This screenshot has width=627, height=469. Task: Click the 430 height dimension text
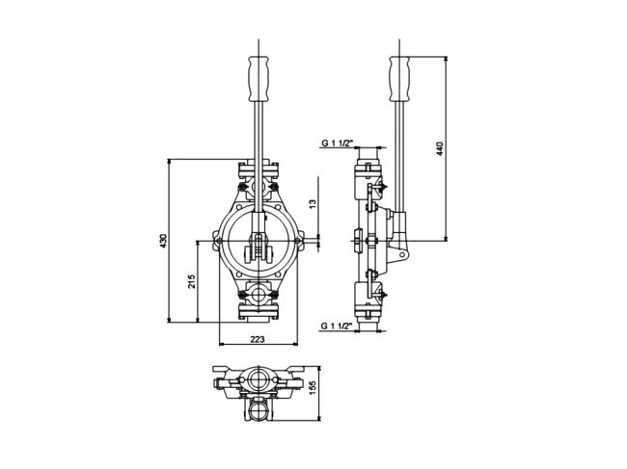(x=164, y=240)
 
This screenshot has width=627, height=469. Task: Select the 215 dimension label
(x=192, y=281)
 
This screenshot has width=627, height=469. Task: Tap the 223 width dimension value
(x=258, y=339)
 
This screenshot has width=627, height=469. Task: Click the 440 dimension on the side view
(x=440, y=148)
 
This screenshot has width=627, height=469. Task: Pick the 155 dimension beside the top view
(x=313, y=387)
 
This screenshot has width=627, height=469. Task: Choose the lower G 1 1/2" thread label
(x=337, y=326)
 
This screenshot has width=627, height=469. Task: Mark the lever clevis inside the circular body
(x=257, y=245)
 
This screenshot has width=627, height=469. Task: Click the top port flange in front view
(x=257, y=174)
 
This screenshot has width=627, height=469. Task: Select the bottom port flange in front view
(x=257, y=308)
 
